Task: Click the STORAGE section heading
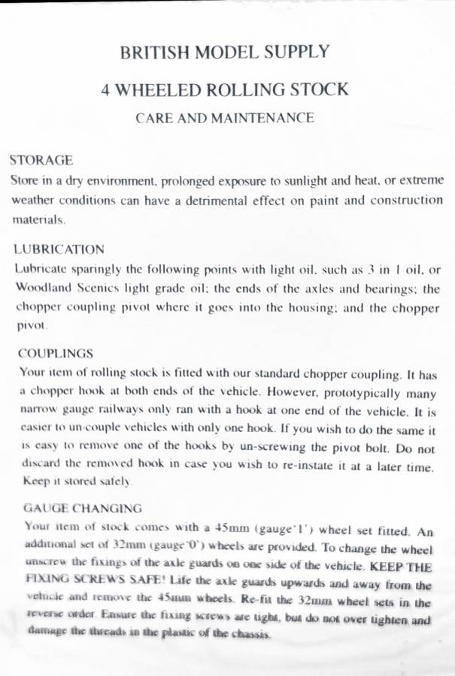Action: [41, 160]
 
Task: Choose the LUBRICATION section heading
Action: [59, 249]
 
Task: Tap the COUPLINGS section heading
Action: [56, 353]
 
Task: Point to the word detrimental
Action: [214, 201]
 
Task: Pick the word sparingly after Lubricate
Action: [98, 269]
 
